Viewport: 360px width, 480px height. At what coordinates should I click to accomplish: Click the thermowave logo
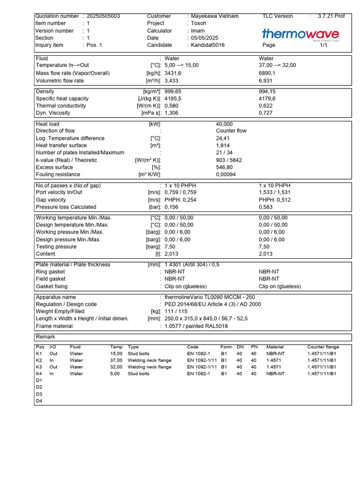pyautogui.click(x=300, y=34)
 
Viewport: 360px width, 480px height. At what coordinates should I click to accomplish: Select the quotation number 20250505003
pyautogui.click(x=103, y=16)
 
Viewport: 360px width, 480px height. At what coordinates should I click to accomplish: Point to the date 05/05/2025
pyautogui.click(x=204, y=38)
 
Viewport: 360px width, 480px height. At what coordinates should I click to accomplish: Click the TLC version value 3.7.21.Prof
pyautogui.click(x=331, y=16)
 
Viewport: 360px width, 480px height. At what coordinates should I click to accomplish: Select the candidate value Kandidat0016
pyautogui.click(x=208, y=45)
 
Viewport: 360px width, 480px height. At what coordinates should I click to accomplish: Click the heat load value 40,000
pyautogui.click(x=224, y=124)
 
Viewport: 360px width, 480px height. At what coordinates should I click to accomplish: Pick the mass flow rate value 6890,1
pyautogui.click(x=267, y=73)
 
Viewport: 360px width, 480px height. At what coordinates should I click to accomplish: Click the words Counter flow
pyautogui.click(x=231, y=131)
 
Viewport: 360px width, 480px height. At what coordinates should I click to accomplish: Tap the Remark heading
pyautogui.click(x=45, y=337)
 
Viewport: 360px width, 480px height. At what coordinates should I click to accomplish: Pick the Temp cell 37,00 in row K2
pyautogui.click(x=116, y=360)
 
